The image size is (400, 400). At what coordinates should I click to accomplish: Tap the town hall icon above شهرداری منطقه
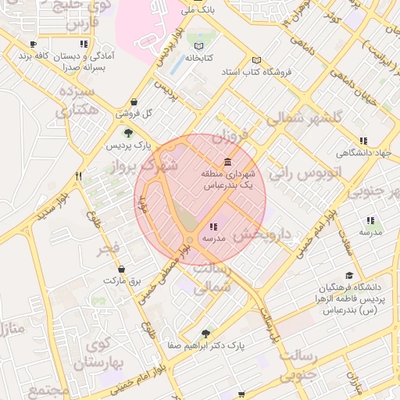227,162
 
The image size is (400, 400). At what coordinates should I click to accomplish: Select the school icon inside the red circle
213,226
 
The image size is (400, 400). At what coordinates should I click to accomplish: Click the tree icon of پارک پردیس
129,132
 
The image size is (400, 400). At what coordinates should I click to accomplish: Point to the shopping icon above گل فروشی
134,102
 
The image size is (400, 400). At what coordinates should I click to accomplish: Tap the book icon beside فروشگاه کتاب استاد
257,60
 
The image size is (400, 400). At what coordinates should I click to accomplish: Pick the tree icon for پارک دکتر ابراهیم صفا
206,332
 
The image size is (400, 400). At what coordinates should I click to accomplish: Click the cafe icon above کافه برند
32,45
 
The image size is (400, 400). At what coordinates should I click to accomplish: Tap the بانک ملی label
196,12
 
